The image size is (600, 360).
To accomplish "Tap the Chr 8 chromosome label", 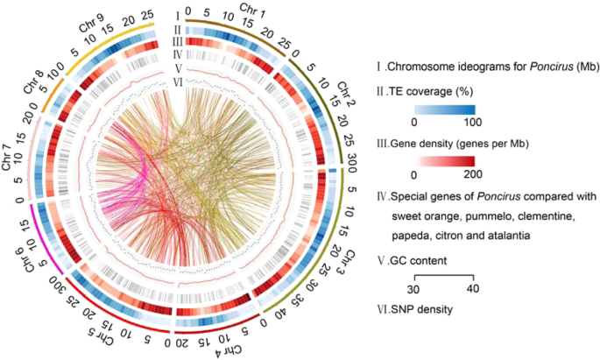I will (33, 76).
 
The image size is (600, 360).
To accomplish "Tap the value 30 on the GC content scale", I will (417, 288).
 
